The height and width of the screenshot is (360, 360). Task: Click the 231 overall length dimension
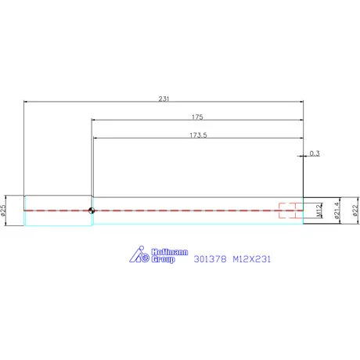pyautogui.click(x=164, y=99)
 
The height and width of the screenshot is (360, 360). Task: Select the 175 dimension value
pyautogui.click(x=197, y=117)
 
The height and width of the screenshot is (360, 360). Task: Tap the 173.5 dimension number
pyautogui.click(x=198, y=135)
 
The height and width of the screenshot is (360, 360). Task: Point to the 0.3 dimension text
pyautogui.click(x=315, y=153)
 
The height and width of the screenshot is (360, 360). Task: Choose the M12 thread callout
pyautogui.click(x=319, y=210)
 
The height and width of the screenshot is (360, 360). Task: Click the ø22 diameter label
pyautogui.click(x=355, y=210)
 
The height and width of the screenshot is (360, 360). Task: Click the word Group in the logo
pyautogui.click(x=162, y=259)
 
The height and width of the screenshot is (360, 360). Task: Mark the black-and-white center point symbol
pyautogui.click(x=92, y=210)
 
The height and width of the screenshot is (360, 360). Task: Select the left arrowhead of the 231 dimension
pyautogui.click(x=27, y=102)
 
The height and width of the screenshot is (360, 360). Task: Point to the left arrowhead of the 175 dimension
pyautogui.click(x=94, y=120)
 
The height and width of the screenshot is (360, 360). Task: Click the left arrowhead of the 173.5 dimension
pyautogui.click(x=96, y=139)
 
